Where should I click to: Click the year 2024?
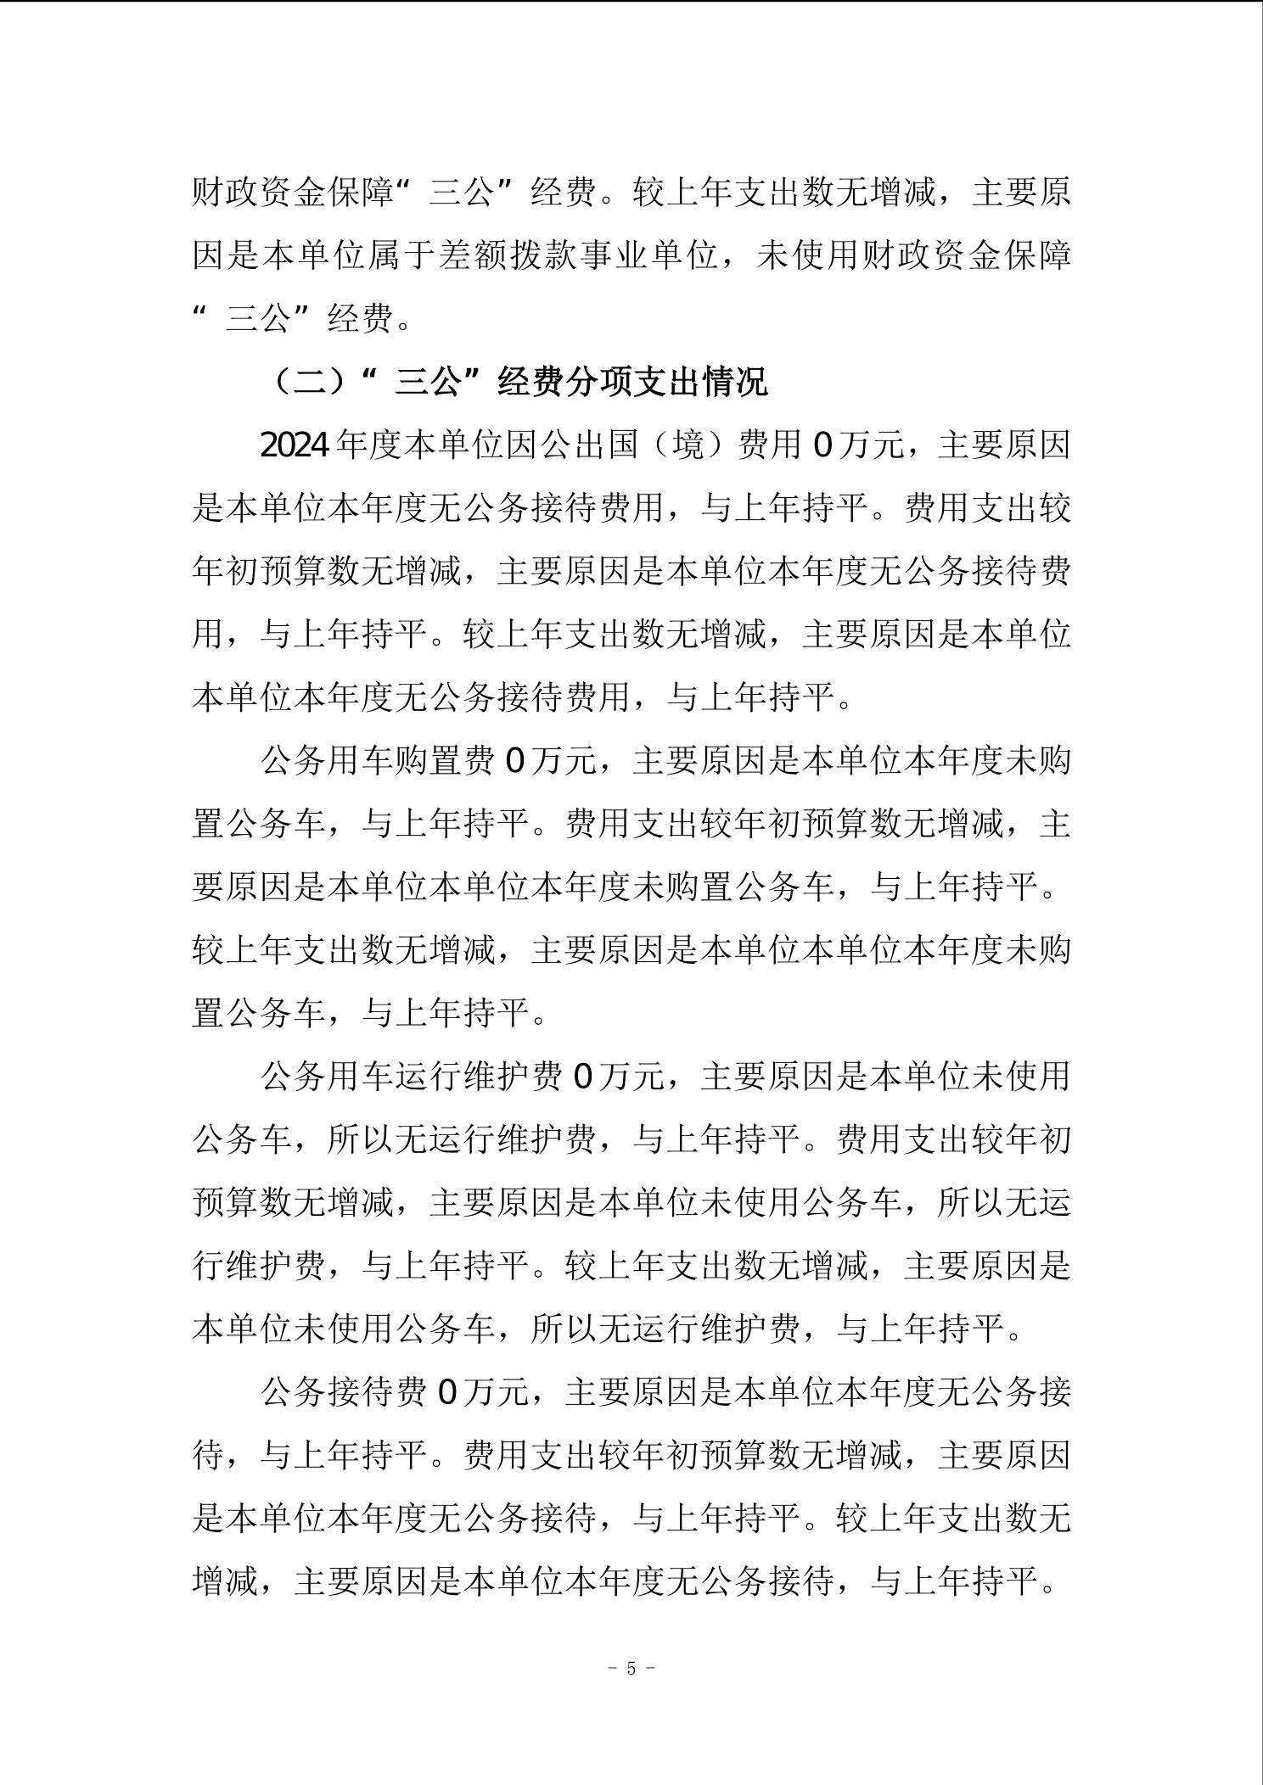(295, 445)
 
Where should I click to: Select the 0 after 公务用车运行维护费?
(584, 1076)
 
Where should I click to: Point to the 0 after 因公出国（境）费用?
(822, 445)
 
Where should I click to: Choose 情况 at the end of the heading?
(735, 382)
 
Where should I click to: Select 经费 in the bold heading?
(531, 382)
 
